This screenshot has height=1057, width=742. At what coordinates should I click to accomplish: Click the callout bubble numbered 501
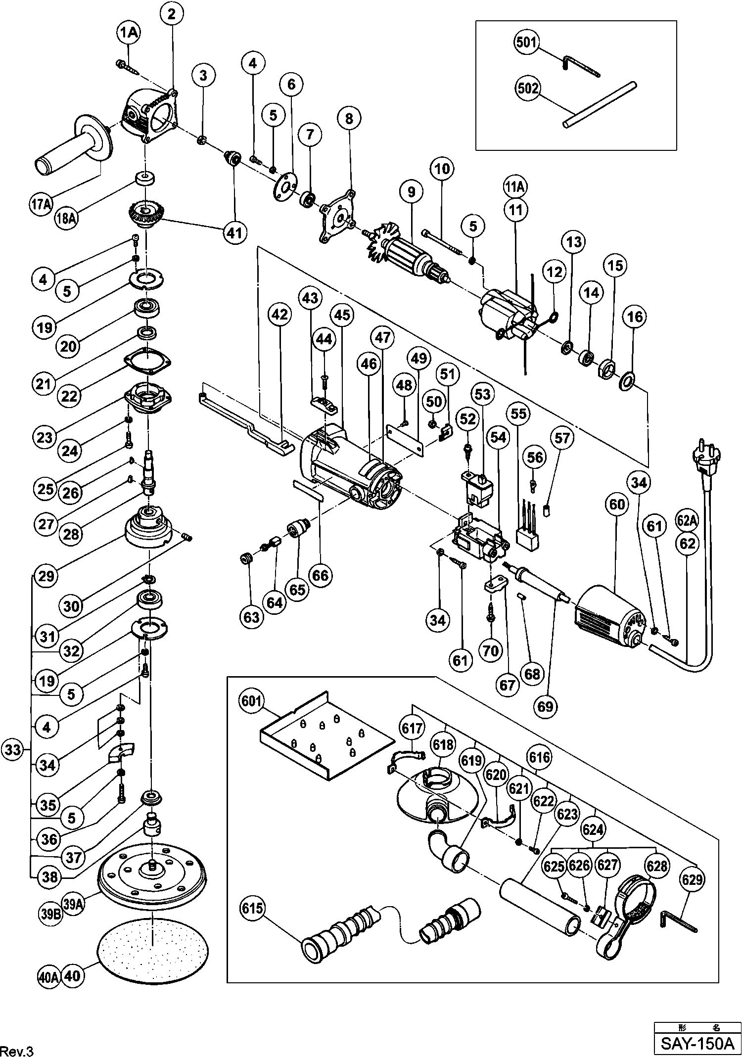click(x=526, y=43)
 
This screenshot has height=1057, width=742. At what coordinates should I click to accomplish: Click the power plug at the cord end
click(x=707, y=458)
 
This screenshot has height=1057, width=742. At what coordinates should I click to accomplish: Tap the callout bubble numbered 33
click(x=13, y=750)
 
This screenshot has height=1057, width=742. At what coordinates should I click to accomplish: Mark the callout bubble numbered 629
click(x=692, y=879)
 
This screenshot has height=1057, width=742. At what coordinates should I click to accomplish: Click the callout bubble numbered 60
click(x=617, y=505)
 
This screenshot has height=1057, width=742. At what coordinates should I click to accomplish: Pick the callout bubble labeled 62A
click(x=687, y=521)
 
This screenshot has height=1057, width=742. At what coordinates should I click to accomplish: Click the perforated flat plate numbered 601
click(x=326, y=737)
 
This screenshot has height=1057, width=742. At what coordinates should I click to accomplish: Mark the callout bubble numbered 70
click(x=491, y=650)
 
